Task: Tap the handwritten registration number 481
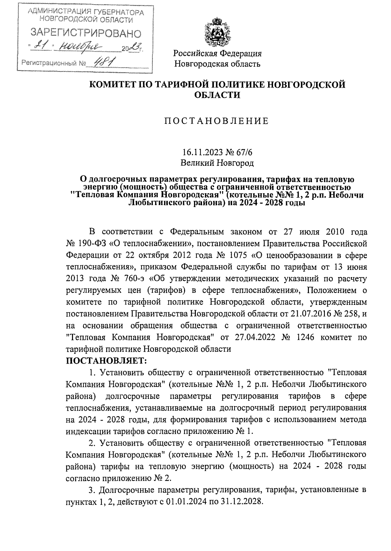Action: (101, 62)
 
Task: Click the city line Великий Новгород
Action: (217, 162)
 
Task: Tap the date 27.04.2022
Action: (254, 337)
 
